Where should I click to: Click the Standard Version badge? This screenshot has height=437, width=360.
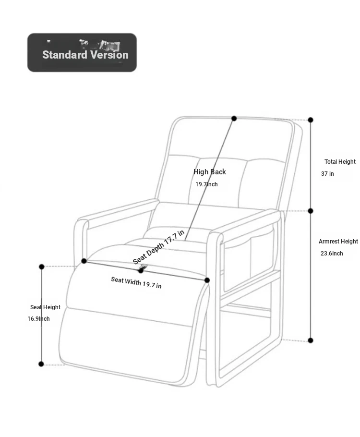click(82, 53)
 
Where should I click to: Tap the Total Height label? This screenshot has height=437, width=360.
click(340, 162)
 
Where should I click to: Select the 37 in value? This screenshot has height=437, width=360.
click(327, 174)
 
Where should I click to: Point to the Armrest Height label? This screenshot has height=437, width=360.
click(338, 242)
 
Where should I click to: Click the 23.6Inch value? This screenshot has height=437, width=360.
click(332, 254)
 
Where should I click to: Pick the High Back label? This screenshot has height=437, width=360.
click(209, 172)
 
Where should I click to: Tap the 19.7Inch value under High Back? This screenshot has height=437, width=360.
click(206, 184)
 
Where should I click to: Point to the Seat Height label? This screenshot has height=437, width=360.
click(45, 307)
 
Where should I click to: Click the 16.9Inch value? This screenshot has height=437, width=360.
click(38, 319)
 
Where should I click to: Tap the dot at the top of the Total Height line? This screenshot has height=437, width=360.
click(311, 120)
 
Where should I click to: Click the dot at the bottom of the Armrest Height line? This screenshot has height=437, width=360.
click(311, 340)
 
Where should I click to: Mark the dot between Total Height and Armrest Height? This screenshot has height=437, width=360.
click(311, 211)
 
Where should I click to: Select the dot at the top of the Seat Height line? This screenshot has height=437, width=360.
click(42, 267)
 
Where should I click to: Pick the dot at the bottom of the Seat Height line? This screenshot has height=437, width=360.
click(41, 364)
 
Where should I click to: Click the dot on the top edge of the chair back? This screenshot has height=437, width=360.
click(234, 118)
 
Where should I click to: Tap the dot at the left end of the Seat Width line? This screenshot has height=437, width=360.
click(84, 261)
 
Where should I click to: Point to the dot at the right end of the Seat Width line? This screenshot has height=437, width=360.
click(207, 280)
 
